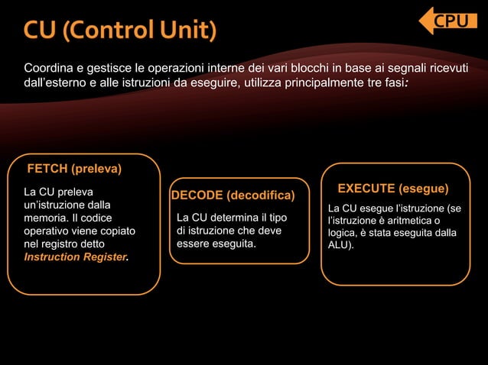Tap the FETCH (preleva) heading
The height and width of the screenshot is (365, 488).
pos(75,168)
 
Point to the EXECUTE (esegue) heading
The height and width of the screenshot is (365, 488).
pos(393,188)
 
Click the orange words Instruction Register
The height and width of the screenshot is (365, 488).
pos(75,257)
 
